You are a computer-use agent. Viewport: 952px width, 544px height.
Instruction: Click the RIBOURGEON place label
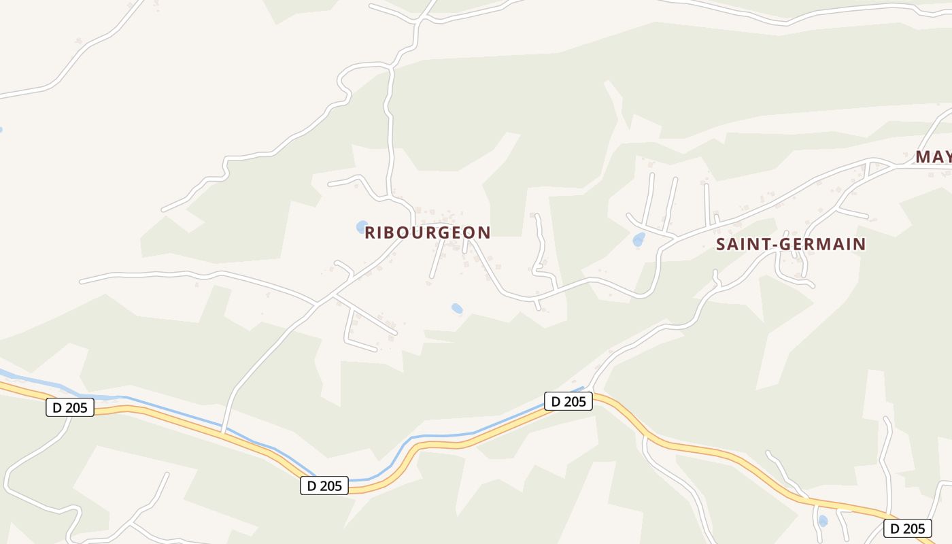[427, 233]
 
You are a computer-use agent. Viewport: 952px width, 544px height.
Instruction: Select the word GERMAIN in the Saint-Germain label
[826, 244]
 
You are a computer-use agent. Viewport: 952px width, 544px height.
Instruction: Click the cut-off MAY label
[933, 157]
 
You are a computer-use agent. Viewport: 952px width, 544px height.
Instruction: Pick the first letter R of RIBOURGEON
[371, 233]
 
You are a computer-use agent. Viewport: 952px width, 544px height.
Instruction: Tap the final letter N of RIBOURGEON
[484, 233]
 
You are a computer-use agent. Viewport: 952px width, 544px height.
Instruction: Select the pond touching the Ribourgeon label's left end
[362, 226]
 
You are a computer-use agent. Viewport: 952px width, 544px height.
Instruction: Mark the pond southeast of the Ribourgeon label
[457, 309]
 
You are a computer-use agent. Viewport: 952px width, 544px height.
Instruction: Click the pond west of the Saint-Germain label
[639, 239]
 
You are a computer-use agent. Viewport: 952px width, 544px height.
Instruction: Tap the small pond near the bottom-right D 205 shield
[823, 522]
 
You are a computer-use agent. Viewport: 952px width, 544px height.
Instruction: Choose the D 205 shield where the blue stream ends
[568, 401]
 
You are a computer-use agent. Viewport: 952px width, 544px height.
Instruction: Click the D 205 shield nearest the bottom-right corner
[907, 528]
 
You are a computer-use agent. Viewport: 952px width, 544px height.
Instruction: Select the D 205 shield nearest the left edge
[70, 408]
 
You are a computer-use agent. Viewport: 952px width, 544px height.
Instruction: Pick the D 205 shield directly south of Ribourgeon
[324, 486]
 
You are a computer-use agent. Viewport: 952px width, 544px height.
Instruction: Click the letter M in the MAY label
[923, 157]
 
